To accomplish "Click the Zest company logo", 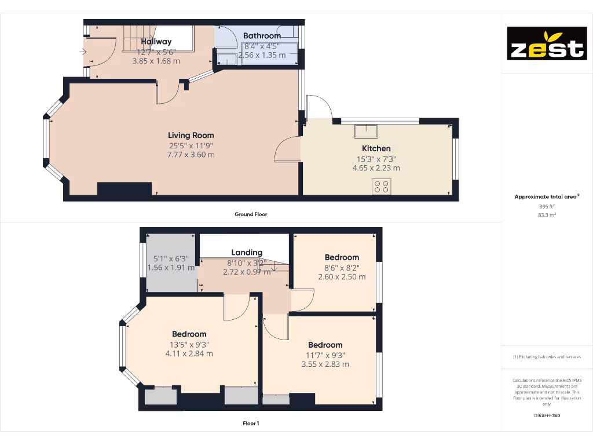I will (547, 43).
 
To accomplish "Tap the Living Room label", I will (191, 135).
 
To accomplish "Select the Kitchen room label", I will (376, 148).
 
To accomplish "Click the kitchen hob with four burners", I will (382, 187).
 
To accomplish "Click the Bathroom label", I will (262, 36).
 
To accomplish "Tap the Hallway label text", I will (156, 42).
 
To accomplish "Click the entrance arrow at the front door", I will (83, 52).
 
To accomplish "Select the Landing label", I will (247, 253).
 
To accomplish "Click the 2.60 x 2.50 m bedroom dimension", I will (342, 277).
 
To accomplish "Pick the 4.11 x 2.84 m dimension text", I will (189, 353).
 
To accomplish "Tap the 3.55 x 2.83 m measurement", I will (325, 364).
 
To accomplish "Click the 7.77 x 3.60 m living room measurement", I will (191, 155).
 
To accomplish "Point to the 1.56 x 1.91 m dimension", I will (171, 268).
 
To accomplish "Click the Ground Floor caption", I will (251, 214).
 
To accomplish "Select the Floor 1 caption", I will (251, 424).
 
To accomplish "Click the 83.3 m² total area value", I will (547, 214).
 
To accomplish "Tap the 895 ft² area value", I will (547, 206).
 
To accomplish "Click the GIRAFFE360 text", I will (547, 415).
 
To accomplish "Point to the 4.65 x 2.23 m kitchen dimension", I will (376, 168).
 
